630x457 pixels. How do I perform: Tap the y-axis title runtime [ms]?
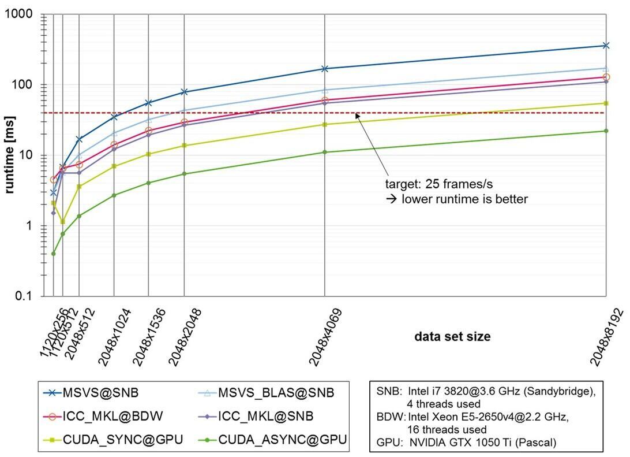10,155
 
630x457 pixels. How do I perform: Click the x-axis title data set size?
452,336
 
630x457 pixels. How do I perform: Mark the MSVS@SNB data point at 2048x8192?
606,45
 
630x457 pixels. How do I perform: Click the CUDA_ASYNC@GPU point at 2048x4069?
325,152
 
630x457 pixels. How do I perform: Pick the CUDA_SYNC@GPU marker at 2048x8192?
606,103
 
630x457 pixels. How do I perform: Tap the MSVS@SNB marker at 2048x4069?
325,69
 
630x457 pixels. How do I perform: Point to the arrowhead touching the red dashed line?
357,115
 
